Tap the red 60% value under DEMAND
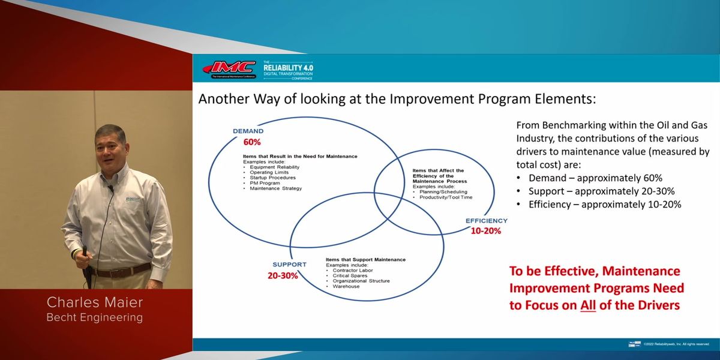252,142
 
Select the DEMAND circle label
248,131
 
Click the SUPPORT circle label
289,264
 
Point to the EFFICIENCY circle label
487,221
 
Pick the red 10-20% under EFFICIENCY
485,230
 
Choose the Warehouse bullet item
346,286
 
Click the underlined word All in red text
589,305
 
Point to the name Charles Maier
95,302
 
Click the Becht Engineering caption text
95,317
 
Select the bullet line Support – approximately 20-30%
601,191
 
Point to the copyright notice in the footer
676,344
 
